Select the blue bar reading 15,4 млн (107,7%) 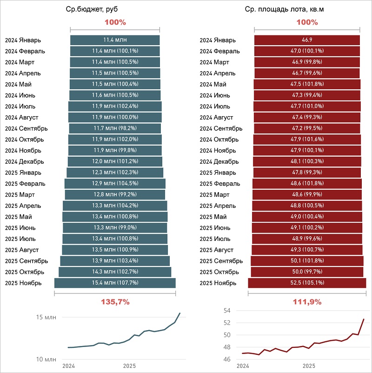click(115, 283)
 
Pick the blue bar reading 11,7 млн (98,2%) click(115, 128)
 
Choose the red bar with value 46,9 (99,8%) click(307, 62)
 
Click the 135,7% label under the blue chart click(115, 301)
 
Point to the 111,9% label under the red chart click(307, 301)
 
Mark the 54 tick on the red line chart click(227, 311)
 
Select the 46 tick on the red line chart click(227, 360)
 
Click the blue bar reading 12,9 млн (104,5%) click(115, 183)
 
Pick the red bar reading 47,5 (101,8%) click(307, 84)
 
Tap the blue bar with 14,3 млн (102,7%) click(115, 272)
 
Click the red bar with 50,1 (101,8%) click(307, 261)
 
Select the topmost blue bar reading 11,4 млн click(115, 40)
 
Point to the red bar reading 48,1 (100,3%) click(307, 161)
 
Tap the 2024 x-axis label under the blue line click(68, 366)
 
